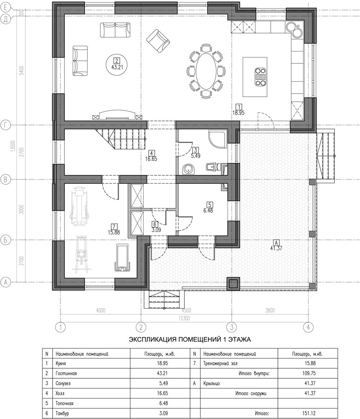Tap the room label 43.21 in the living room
click(x=117, y=67)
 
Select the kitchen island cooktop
click(x=260, y=77)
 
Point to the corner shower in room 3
click(x=218, y=139)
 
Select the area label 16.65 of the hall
click(x=151, y=159)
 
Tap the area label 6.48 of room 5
click(x=208, y=211)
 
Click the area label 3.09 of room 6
click(x=156, y=230)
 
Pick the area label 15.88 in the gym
click(x=114, y=232)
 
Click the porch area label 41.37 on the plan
click(x=276, y=248)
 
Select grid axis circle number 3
click(x=231, y=327)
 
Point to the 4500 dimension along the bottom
click(x=186, y=311)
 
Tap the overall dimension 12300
click(x=184, y=318)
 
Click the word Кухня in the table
click(x=61, y=364)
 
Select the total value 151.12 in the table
click(x=309, y=413)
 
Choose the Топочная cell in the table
click(x=64, y=403)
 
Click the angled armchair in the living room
click(x=158, y=41)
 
